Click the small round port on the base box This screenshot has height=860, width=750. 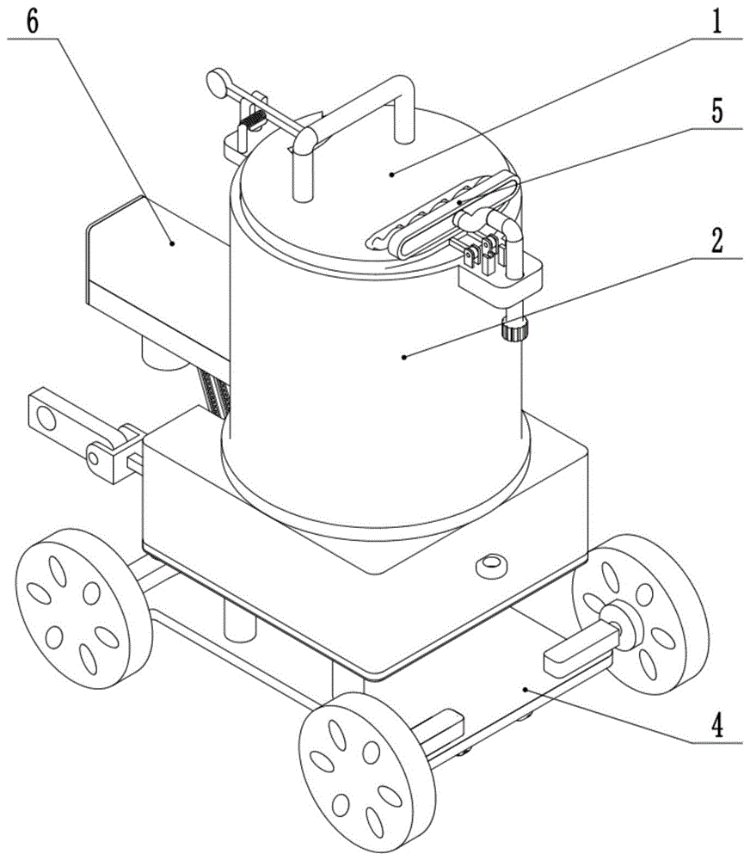point(491,565)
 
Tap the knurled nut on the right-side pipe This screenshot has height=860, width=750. point(514,329)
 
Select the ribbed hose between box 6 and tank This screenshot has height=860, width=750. point(216,394)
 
